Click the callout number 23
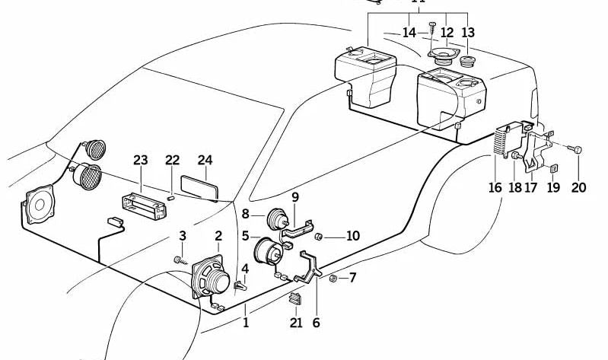click(x=140, y=160)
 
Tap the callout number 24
click(x=205, y=160)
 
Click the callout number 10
click(x=352, y=236)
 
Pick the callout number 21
click(x=296, y=323)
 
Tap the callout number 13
click(x=467, y=33)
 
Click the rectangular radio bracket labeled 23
click(x=143, y=205)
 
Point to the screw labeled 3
click(x=178, y=260)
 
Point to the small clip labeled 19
click(x=553, y=169)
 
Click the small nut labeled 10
click(x=320, y=236)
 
